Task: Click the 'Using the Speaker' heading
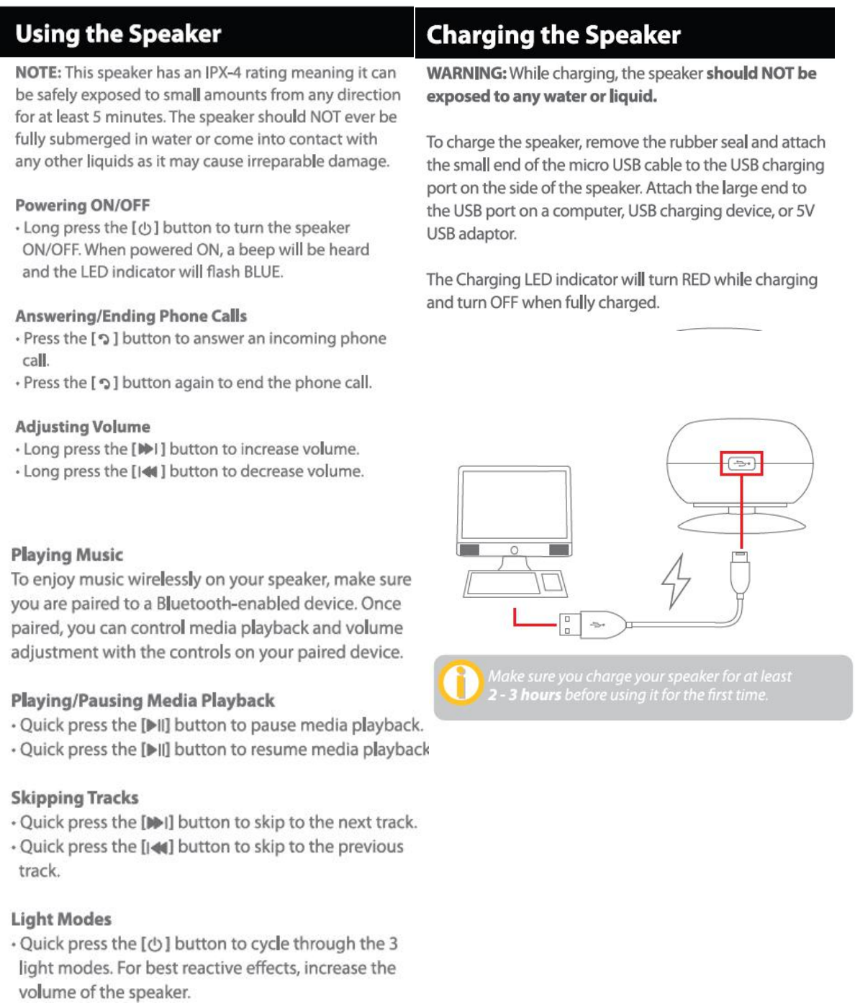coord(118,34)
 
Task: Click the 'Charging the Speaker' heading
coord(553,35)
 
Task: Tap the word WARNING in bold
coord(466,73)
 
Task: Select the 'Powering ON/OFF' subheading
coord(83,205)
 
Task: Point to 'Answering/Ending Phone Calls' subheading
coord(131,316)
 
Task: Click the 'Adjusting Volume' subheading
coord(83,427)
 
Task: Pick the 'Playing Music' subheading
coord(67,555)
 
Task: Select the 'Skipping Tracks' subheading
coord(75,797)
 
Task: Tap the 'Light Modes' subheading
coord(61,919)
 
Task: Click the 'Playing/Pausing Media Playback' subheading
coord(142,700)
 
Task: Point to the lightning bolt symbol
coord(676,581)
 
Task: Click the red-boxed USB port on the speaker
coord(741,463)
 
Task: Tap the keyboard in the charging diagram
coord(504,584)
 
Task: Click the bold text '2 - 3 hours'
coord(524,695)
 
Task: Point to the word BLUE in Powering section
coord(263,272)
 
